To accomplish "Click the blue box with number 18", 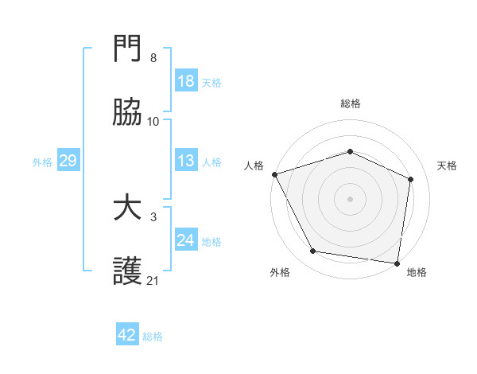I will pyautogui.click(x=186, y=82).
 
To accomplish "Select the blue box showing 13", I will pyautogui.click(x=186, y=162).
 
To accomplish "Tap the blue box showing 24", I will pyautogui.click(x=186, y=241).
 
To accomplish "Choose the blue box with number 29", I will pyautogui.click(x=68, y=162).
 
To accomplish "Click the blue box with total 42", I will pyautogui.click(x=127, y=335).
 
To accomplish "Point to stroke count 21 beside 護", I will pyautogui.click(x=153, y=280).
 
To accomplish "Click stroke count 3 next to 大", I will pyautogui.click(x=153, y=216).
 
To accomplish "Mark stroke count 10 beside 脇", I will pyautogui.click(x=153, y=121).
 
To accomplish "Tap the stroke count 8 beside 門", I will pyautogui.click(x=153, y=58).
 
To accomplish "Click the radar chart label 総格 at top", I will pyautogui.click(x=350, y=103).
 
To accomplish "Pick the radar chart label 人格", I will pyautogui.click(x=254, y=166).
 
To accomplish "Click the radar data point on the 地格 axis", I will pyautogui.click(x=397, y=263).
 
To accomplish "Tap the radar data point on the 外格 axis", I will pyautogui.click(x=313, y=251).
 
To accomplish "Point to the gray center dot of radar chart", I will pyautogui.click(x=350, y=198).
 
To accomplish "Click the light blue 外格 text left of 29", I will pyautogui.click(x=42, y=162).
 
